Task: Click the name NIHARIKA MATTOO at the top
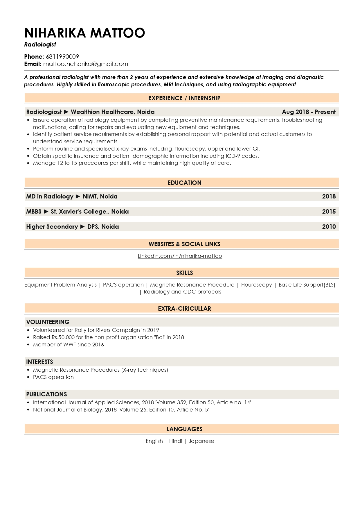click(84, 33)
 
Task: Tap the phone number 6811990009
click(62, 57)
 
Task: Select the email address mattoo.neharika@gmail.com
click(86, 64)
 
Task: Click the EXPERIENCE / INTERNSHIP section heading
click(184, 98)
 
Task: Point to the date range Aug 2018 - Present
click(309, 112)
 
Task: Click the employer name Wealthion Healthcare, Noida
click(113, 112)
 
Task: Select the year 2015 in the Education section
click(329, 212)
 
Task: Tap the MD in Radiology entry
click(50, 196)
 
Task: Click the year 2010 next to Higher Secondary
click(329, 227)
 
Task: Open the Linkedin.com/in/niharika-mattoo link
click(180, 256)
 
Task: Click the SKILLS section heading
click(184, 273)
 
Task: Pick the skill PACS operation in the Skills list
click(123, 285)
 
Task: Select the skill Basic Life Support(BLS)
click(307, 285)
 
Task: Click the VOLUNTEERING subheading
click(48, 322)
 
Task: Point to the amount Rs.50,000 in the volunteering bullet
click(62, 337)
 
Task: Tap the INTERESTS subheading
click(39, 362)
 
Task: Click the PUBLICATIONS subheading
click(46, 394)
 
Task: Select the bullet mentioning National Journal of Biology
click(121, 410)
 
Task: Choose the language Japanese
click(201, 441)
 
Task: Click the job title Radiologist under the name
click(40, 44)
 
